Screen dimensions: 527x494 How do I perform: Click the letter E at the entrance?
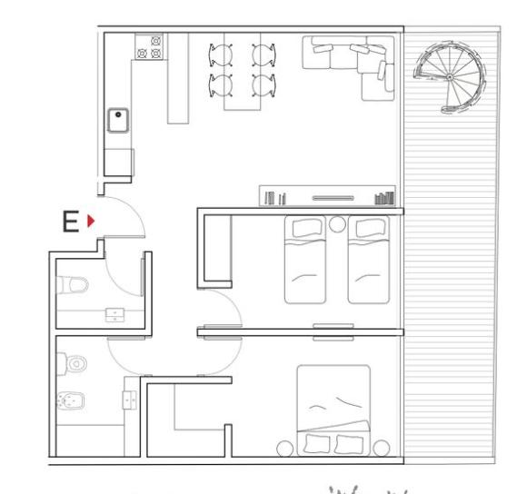coord(71,222)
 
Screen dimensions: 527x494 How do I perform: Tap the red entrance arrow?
coord(91,221)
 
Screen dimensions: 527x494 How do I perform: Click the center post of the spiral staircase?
coord(450,77)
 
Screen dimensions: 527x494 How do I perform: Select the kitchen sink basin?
coord(118,120)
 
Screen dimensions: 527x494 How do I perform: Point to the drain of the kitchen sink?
coord(118,114)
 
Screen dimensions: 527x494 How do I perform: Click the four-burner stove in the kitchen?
coord(149,46)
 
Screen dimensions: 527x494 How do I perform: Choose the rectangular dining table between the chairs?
coord(242,71)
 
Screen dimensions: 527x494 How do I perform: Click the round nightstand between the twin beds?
coord(337,224)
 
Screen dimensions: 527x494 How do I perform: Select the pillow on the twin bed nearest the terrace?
coord(371,228)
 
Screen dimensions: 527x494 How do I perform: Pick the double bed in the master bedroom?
coord(333,410)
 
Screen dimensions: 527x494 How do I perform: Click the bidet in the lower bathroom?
coord(71,400)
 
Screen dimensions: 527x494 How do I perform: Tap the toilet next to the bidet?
coord(72,364)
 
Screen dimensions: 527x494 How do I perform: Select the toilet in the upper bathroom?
coord(73,285)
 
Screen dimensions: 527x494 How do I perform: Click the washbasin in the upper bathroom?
coord(115,315)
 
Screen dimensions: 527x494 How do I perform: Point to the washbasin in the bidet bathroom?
coord(129,400)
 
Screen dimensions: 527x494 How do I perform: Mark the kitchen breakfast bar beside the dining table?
coord(178,78)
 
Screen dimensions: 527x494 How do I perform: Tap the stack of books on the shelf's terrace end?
coord(384,198)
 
